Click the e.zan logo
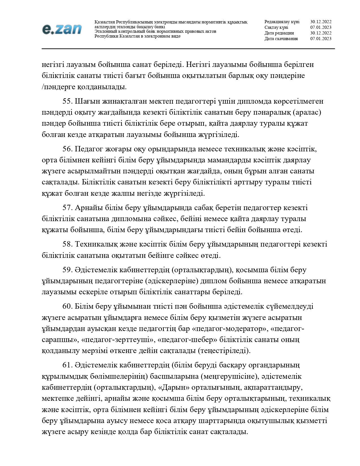click(x=62, y=29)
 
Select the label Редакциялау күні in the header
click(x=282, y=22)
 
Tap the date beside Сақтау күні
click(x=321, y=27)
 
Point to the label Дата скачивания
click(x=281, y=39)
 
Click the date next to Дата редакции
click(x=321, y=33)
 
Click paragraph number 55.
click(x=67, y=101)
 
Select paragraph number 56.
click(x=67, y=149)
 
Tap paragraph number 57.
click(x=67, y=208)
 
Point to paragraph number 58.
click(x=67, y=244)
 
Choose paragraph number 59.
click(x=67, y=270)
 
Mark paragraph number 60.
click(x=67, y=306)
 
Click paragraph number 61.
click(x=67, y=365)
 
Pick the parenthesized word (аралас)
click(x=307, y=112)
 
